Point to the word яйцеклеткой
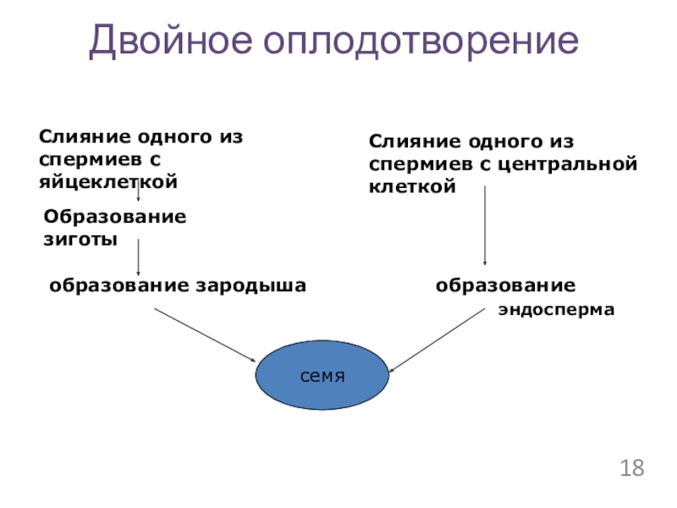point(107,180)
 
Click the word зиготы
point(80,239)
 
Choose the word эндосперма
point(556,311)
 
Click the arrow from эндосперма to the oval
point(437,338)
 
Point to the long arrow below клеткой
point(484,225)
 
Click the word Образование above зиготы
point(115,216)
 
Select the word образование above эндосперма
point(505,285)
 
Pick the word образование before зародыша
point(120,285)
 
